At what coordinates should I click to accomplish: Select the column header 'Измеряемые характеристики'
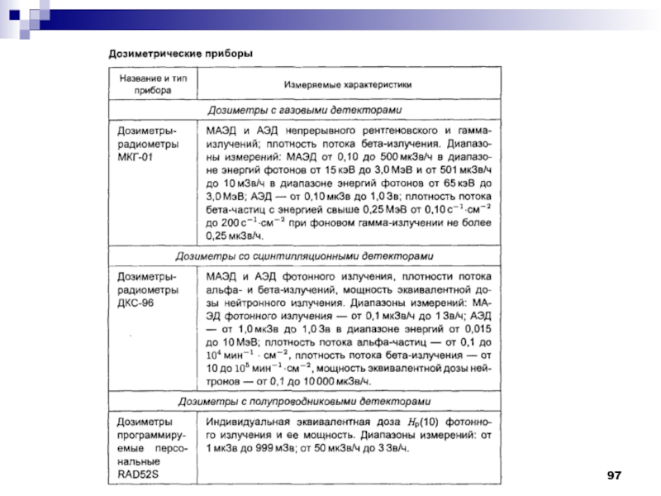[x=348, y=84]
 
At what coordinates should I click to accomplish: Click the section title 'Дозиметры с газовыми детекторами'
[x=304, y=110]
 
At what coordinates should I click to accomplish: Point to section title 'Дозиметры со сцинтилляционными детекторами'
[x=304, y=255]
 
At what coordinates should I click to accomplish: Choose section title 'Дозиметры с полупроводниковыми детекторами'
[x=304, y=402]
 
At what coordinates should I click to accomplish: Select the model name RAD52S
[x=137, y=474]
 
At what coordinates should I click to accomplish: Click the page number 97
[x=612, y=475]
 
